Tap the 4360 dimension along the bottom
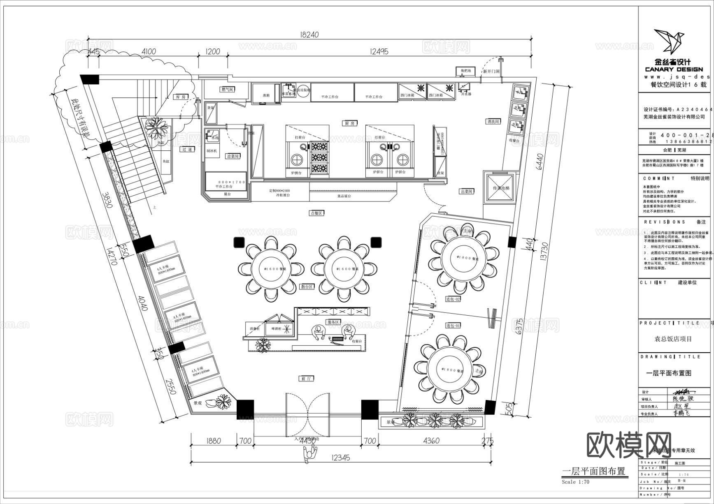(x=431, y=441)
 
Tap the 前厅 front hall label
(x=306, y=378)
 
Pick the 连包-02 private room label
(x=453, y=299)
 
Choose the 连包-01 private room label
(x=453, y=325)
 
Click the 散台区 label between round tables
(x=307, y=287)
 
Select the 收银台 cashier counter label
(x=357, y=341)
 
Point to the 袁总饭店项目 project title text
(x=673, y=339)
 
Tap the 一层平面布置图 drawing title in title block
(x=668, y=373)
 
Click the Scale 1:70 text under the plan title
(x=575, y=481)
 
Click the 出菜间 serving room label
(x=466, y=191)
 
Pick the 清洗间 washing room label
(x=493, y=122)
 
